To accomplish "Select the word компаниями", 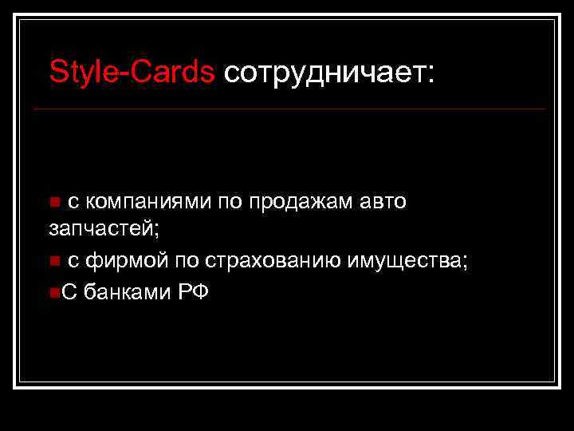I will coord(148,202).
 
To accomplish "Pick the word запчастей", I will coord(104,229).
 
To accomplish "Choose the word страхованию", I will coord(273,260).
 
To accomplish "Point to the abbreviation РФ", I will coord(193,291).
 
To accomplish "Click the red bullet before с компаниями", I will coord(53,203).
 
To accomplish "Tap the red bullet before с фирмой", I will coord(53,261).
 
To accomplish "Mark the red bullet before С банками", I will coord(53,292).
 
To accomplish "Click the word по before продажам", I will coord(228,202).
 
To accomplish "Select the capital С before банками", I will coord(67,291).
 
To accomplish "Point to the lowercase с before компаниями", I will coord(73,203).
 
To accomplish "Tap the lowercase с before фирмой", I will coord(73,261).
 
